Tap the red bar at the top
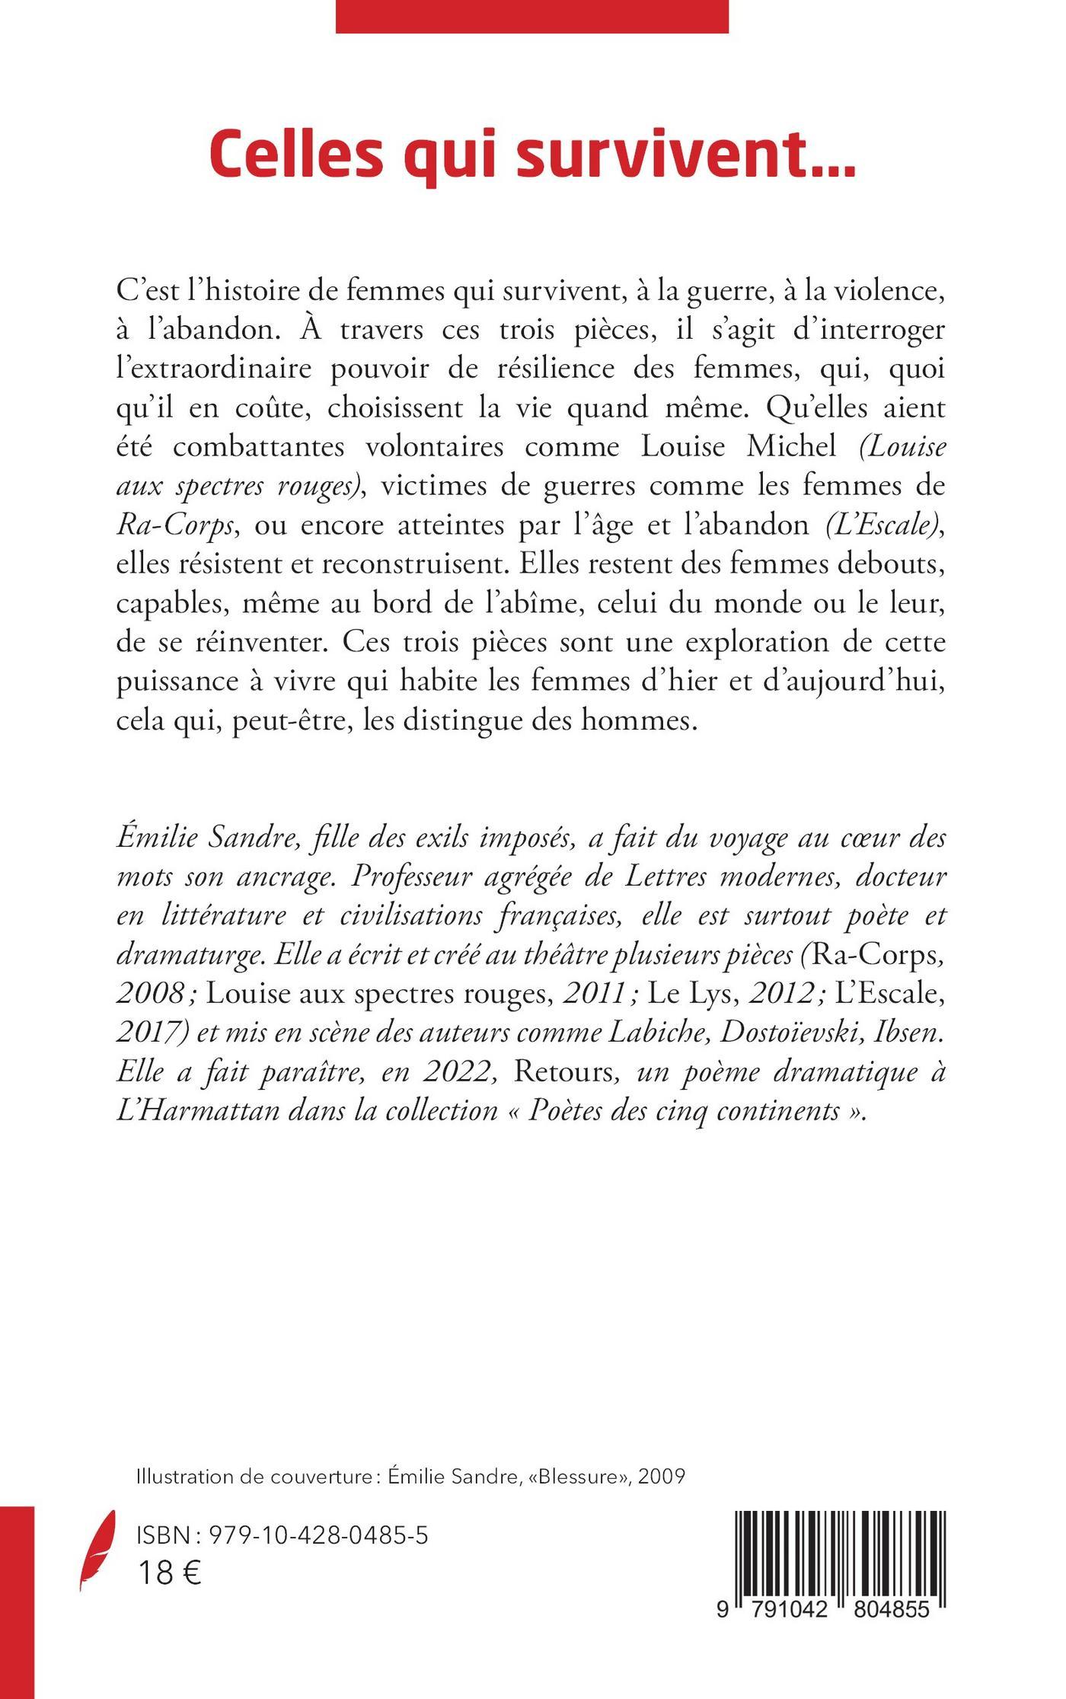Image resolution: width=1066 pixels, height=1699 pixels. [531, 16]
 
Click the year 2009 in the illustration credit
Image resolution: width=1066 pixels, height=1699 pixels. [662, 1477]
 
